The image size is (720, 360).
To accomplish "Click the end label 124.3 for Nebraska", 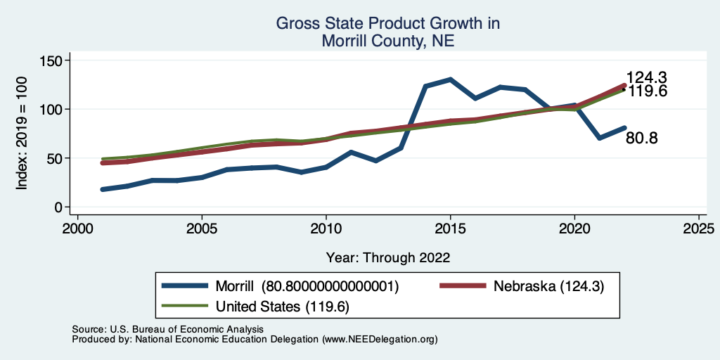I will (646, 78).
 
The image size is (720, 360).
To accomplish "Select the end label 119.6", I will (646, 91).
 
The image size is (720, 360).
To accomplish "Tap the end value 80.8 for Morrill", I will (641, 139).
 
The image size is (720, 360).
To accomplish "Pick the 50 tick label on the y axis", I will (50, 158).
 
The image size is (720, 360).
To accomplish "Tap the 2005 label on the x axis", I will (202, 229).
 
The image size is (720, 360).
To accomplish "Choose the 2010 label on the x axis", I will (326, 229).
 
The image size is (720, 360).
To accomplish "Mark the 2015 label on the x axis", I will (450, 229).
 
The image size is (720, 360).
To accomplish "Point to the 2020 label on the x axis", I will (574, 229).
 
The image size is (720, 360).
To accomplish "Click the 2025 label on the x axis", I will (699, 229).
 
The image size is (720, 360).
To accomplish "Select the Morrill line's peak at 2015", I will (450, 79).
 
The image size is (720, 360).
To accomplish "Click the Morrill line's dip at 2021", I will (599, 138).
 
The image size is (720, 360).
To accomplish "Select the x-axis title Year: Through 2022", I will (388, 257).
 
